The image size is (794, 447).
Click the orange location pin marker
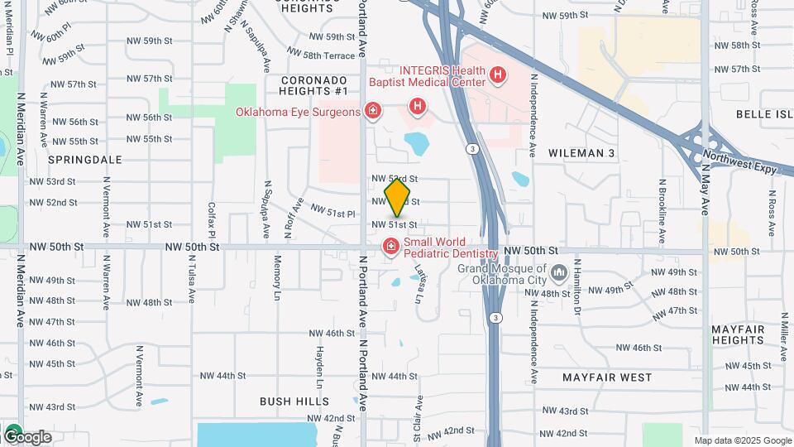pos(398,197)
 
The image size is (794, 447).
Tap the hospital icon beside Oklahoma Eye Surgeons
pos(372,110)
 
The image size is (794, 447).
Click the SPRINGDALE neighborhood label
pos(85,159)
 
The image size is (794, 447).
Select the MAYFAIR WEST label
pos(607,377)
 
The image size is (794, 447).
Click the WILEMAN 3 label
pos(581,153)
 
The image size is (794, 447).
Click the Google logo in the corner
pos(26,435)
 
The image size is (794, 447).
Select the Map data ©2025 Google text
pos(742,440)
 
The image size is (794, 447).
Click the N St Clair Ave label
pos(419,418)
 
